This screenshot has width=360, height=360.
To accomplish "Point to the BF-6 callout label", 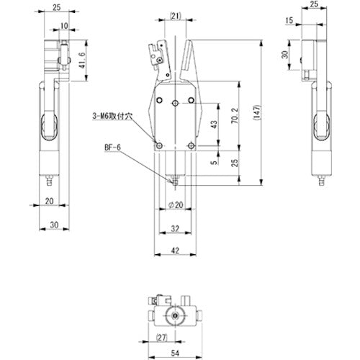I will click(x=112, y=151).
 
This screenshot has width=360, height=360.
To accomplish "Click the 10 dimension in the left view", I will click(x=64, y=25).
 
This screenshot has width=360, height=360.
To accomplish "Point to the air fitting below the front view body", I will click(x=175, y=179).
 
